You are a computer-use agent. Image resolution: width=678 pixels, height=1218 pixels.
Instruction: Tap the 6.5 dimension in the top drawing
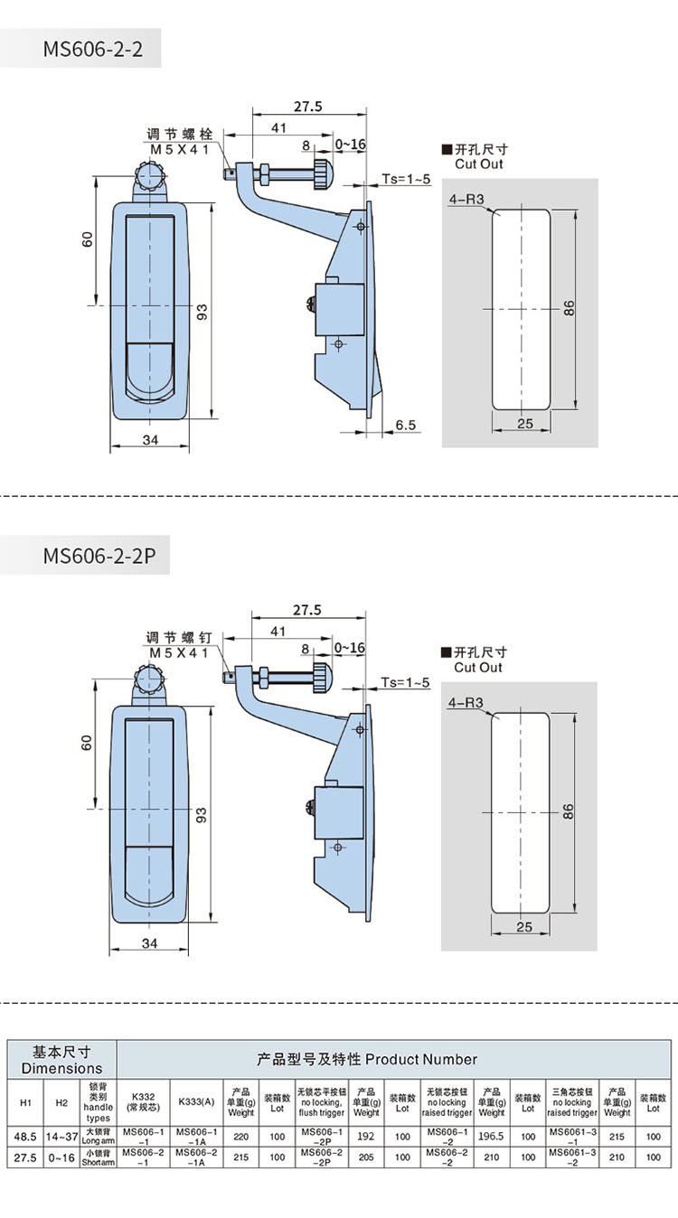[405, 424]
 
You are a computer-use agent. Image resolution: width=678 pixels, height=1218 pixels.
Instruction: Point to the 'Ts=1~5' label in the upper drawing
[406, 180]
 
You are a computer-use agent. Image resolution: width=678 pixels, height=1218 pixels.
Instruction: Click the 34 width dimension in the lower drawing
[150, 942]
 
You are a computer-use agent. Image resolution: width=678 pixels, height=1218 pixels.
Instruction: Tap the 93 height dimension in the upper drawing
[203, 312]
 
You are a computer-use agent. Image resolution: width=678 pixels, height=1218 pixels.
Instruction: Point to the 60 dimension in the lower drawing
[88, 743]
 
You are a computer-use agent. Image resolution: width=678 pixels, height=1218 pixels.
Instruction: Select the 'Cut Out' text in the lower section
[478, 668]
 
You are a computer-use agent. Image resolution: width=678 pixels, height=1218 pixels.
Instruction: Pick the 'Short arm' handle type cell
[99, 1156]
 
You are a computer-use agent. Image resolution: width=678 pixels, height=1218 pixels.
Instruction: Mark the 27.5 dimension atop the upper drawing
[308, 107]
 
